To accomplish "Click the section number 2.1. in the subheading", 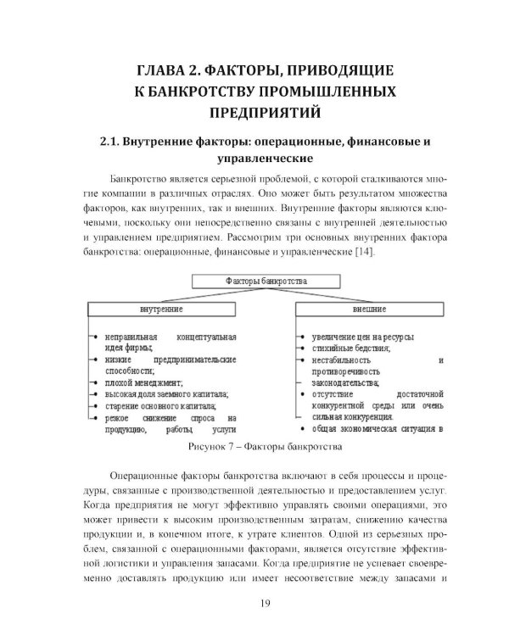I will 115,142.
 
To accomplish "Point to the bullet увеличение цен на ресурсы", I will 362,337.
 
